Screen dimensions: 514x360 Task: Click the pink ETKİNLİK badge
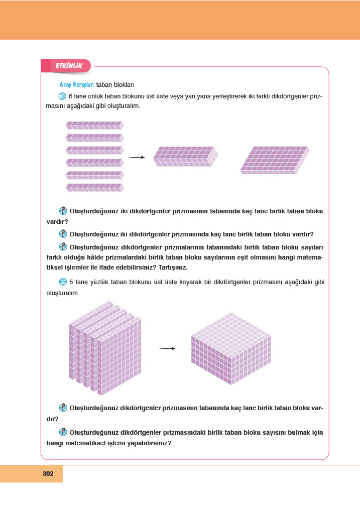click(66, 65)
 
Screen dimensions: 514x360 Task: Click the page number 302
click(48, 473)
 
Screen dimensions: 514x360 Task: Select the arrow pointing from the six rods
click(137, 157)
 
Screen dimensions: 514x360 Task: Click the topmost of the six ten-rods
click(94, 125)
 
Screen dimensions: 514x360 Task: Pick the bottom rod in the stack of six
click(94, 187)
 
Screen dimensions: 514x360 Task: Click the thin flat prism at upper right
click(275, 160)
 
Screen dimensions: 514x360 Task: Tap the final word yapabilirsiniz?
click(146, 443)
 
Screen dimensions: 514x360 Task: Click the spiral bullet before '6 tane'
click(62, 96)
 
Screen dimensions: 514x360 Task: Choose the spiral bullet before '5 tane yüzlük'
click(62, 282)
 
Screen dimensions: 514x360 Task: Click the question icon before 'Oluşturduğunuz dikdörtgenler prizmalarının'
click(63, 246)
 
